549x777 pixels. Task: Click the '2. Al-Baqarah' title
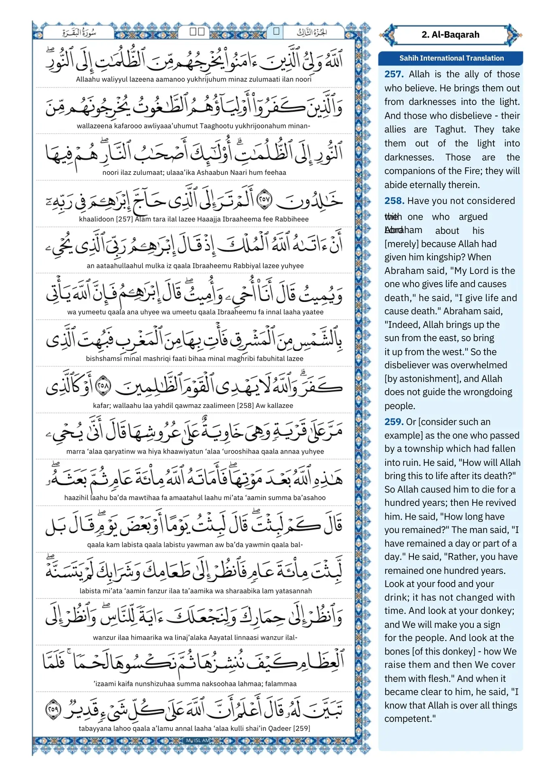pyautogui.click(x=450, y=35)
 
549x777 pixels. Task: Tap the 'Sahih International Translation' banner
pyautogui.click(x=451, y=58)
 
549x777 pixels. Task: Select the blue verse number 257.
pyautogui.click(x=394, y=74)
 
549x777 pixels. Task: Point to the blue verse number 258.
pyautogui.click(x=394, y=201)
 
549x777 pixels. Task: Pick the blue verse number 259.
pyautogui.click(x=394, y=422)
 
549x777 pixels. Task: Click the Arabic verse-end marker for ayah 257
pyautogui.click(x=265, y=199)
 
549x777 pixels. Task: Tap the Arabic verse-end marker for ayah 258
pyautogui.click(x=103, y=386)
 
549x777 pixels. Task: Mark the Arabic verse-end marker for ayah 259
pyautogui.click(x=53, y=709)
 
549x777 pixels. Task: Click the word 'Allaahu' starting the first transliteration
pyautogui.click(x=88, y=79)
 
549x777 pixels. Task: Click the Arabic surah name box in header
pyautogui.click(x=79, y=32)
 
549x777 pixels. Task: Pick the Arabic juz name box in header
pyautogui.click(x=312, y=32)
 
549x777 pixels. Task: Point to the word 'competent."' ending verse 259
pyautogui.click(x=410, y=719)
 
